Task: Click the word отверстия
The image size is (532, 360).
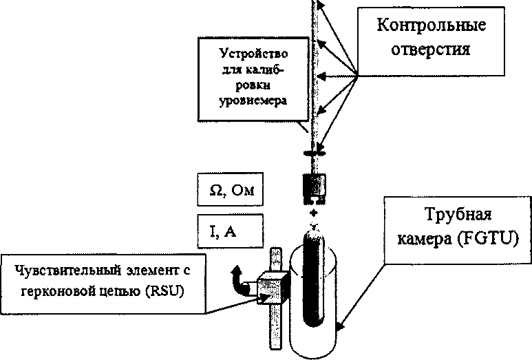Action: [x=432, y=50]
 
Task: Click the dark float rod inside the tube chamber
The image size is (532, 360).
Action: [x=315, y=282]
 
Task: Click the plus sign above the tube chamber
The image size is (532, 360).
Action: [x=315, y=213]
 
